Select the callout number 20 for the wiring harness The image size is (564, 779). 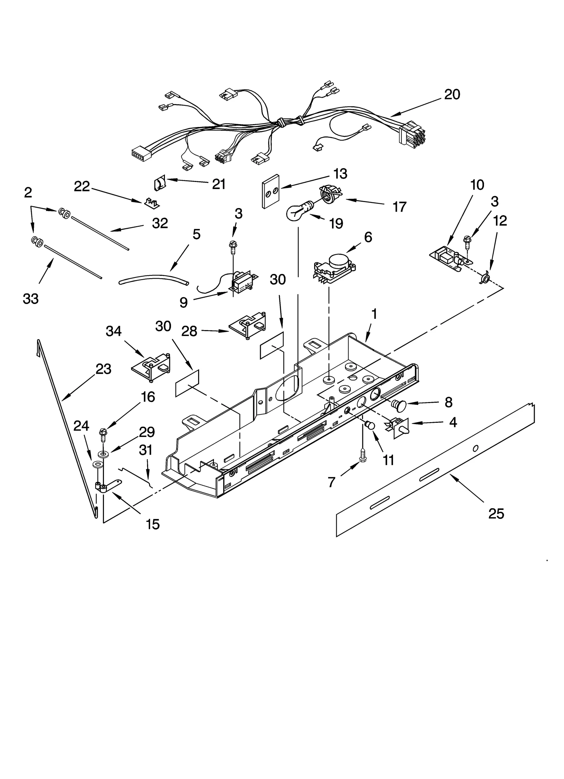pos(452,95)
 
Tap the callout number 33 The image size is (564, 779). pos(31,299)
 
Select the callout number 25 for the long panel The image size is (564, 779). pos(496,514)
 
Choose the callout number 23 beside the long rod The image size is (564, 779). pos(103,369)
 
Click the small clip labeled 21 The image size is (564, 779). pos(159,184)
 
